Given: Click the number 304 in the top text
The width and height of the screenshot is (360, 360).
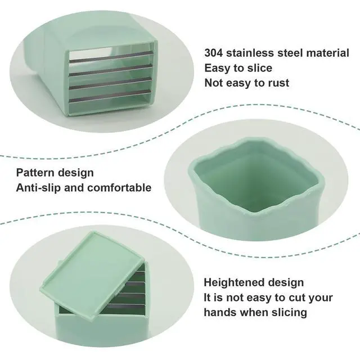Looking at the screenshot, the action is tap(214, 53).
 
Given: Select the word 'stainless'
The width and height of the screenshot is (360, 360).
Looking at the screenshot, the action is tap(250, 53).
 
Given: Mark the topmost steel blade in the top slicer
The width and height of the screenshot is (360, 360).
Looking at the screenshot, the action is tap(111, 57).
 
